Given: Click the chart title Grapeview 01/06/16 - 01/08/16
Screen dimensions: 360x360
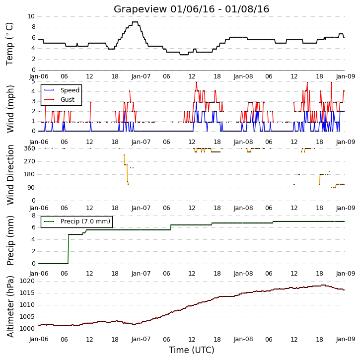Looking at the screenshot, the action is [191, 9].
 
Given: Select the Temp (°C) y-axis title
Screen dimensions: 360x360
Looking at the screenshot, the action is [9, 44].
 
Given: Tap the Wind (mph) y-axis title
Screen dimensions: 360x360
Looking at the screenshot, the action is [10, 109].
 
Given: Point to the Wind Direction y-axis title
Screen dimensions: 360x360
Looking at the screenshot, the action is [10, 175].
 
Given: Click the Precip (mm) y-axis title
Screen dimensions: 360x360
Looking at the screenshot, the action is [10, 240].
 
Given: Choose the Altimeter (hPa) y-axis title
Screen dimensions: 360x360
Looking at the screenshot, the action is [10, 306].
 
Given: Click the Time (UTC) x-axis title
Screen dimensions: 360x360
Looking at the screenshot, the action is [192, 350].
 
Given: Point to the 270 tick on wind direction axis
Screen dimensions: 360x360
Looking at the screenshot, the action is [30, 161].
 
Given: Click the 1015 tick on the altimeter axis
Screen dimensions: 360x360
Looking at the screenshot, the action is [27, 293].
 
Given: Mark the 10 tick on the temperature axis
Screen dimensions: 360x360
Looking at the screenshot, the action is [31, 16].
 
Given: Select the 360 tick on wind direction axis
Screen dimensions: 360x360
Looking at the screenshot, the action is [30, 148].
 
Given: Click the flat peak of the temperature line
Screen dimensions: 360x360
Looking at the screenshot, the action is [135, 22].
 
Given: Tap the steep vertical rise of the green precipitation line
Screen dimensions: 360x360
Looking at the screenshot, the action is [68, 249].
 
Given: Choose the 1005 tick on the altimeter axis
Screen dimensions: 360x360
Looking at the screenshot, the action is [27, 317].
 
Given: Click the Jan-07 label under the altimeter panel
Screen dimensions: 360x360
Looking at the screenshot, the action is [141, 339].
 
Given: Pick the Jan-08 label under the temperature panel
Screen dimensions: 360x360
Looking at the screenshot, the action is [243, 76].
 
